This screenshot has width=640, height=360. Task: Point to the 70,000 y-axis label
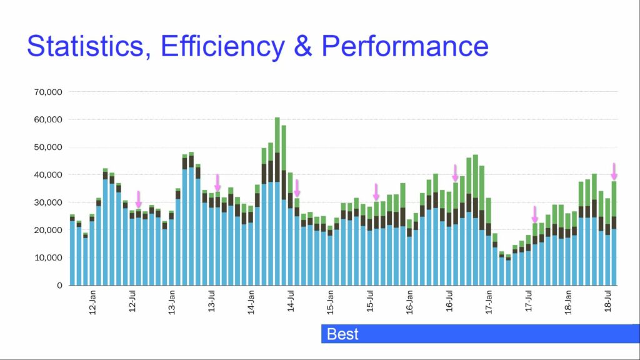pos(48,92)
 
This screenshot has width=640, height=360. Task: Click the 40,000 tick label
pos(48,175)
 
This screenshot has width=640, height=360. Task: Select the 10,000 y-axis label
pos(48,257)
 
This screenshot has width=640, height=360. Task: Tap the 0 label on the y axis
pos(59,286)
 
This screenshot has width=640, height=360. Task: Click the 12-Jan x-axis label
pos(92,302)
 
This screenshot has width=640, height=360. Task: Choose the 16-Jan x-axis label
pos(410,302)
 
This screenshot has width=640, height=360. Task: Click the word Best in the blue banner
pos(342,334)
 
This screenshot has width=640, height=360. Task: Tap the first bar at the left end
pos(72,250)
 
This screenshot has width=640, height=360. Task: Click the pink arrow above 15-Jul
pos(376,192)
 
